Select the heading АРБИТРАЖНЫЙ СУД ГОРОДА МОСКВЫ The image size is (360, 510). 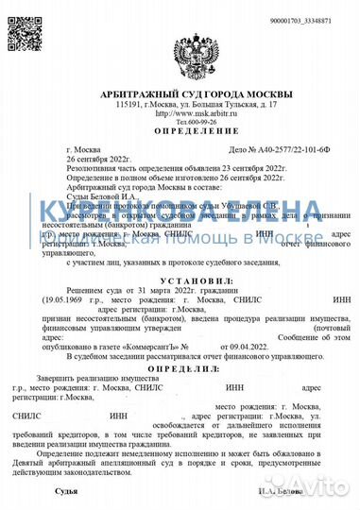180,93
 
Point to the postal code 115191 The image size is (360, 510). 128,104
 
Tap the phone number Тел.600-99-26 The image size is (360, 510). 180,122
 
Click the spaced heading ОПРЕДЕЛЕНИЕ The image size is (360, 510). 180,133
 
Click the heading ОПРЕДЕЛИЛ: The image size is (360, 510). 180,369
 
